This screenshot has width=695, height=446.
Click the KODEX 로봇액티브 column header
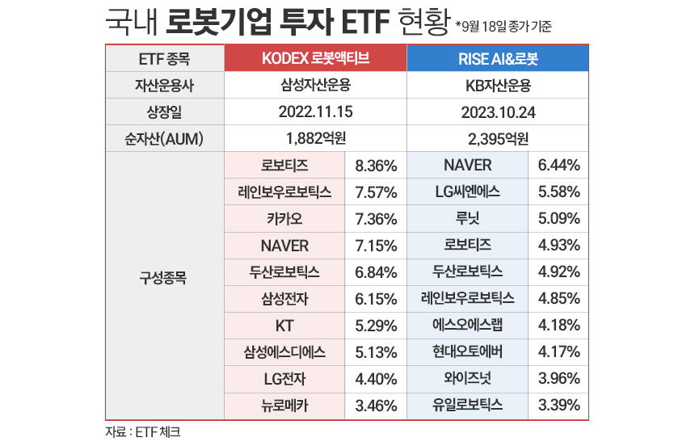click(314, 59)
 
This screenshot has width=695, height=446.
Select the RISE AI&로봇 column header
click(497, 59)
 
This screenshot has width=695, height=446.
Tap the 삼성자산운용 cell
click(314, 85)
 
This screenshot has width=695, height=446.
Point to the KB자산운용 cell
click(497, 85)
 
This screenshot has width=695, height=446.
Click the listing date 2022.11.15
click(314, 111)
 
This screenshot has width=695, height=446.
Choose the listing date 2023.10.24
click(497, 111)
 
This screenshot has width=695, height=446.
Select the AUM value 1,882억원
click(314, 137)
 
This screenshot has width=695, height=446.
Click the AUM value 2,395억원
click(497, 137)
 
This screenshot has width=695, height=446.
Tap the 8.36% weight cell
click(375, 166)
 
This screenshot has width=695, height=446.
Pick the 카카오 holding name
click(284, 219)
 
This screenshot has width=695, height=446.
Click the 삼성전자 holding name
click(284, 299)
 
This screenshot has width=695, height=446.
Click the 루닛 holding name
click(467, 219)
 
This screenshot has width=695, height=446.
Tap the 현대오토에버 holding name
click(467, 352)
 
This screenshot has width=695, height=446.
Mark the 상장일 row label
click(164, 111)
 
